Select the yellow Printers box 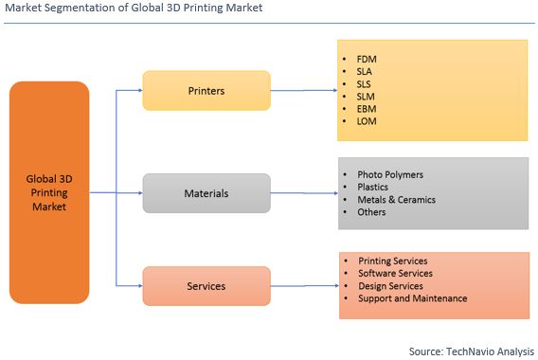point(206,91)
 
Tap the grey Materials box point(206,193)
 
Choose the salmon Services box point(206,286)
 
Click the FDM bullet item point(367,59)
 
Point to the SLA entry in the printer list point(365,71)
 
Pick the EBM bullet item point(366,109)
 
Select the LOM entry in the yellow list point(367,122)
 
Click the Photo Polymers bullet point(389,174)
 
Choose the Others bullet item point(372,212)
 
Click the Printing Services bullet point(392,261)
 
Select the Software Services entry point(394,273)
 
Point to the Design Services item point(390,285)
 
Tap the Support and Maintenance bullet point(412,298)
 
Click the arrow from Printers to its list point(303,91)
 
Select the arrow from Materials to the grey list point(303,193)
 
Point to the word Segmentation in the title point(84,9)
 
